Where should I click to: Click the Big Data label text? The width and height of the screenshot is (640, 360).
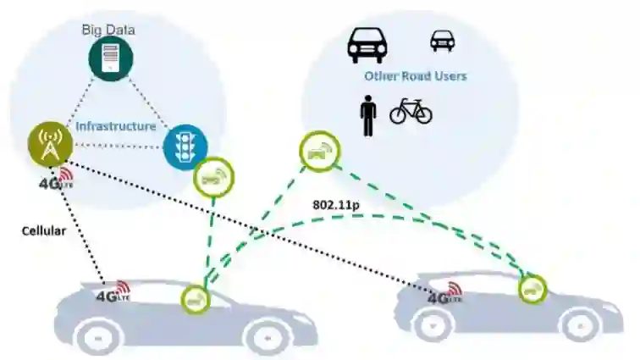coord(108,30)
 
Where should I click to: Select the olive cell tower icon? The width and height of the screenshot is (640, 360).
coord(50,146)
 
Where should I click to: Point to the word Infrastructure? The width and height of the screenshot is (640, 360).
coord(116,126)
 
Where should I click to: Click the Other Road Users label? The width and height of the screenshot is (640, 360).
coord(415,76)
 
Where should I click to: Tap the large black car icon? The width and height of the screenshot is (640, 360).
coord(367,44)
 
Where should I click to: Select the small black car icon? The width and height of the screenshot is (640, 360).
coord(441,40)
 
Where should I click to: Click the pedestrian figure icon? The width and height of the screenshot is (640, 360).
coord(367,115)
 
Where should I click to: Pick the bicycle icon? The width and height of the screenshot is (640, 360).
coord(411,111)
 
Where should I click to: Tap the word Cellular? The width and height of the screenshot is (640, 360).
coord(44,230)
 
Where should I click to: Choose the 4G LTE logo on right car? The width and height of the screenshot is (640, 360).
coord(445,295)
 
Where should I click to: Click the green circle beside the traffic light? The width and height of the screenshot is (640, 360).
coord(213,177)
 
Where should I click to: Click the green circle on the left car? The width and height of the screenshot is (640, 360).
coord(195,298)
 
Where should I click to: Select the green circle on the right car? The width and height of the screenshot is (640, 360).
coord(532,289)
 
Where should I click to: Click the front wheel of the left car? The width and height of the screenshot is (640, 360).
coord(267,336)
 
